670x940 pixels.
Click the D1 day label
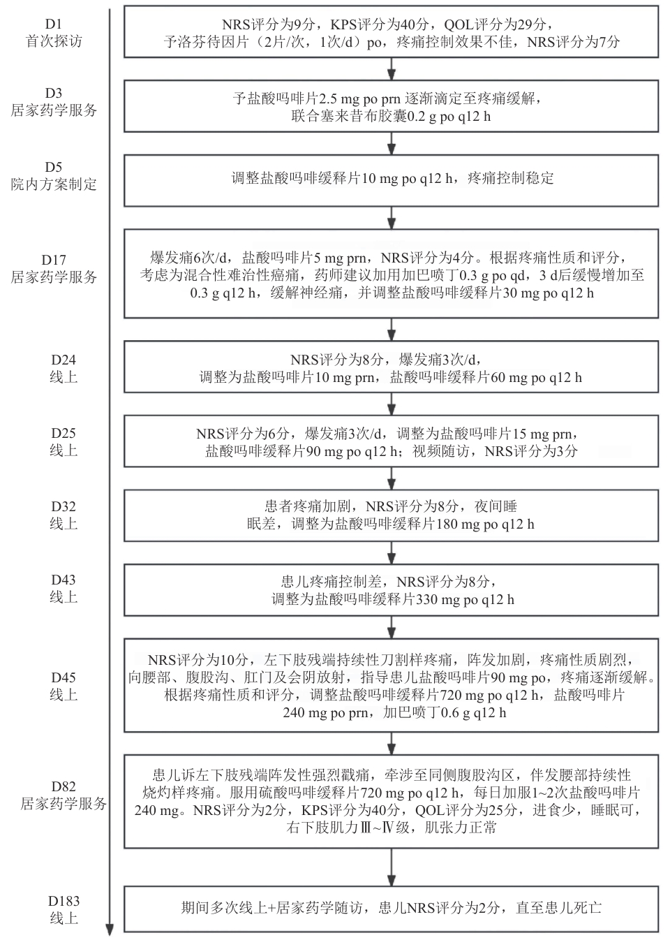pyautogui.click(x=54, y=24)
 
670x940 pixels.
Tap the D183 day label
pyautogui.click(x=64, y=901)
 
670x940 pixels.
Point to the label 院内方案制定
pyautogui.click(x=54, y=184)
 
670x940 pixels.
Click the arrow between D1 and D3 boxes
pyautogui.click(x=392, y=69)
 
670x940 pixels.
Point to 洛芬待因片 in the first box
pyautogui.click(x=214, y=42)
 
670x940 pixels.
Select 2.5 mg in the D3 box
pyautogui.click(x=336, y=99)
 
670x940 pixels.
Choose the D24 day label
pyautogui.click(x=64, y=360)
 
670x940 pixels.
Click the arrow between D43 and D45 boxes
pyautogui.click(x=392, y=627)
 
